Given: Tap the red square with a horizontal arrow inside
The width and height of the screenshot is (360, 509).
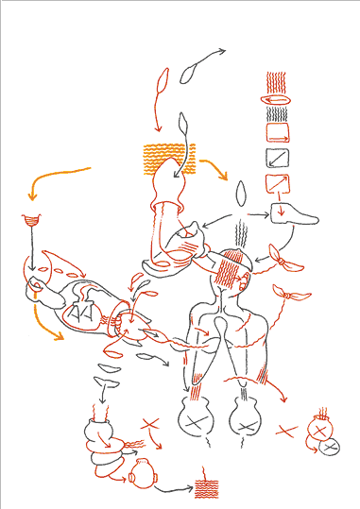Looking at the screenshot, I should [278, 132].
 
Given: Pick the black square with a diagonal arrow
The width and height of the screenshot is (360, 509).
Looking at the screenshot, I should [278, 157].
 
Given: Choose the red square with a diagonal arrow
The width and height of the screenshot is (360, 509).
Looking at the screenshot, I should [278, 183].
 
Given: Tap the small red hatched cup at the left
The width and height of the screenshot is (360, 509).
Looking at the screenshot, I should [31, 223].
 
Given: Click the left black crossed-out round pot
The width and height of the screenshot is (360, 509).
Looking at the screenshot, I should [196, 416].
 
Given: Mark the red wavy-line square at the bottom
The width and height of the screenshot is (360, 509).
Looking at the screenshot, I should [208, 484].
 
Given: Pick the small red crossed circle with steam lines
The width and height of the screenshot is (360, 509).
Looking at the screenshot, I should [321, 430].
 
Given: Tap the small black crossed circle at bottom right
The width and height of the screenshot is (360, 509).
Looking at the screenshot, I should [331, 448].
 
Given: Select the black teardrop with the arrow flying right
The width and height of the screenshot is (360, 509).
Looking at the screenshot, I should [188, 71].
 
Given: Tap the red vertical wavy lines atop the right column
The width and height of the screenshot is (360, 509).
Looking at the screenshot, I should [277, 81].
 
